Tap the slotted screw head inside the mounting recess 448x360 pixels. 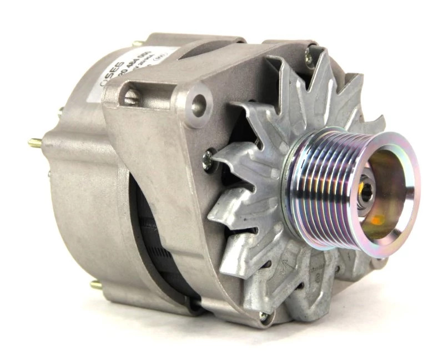(x=130, y=98)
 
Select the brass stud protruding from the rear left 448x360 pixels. (x=36, y=143)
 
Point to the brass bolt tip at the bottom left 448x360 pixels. (x=95, y=285)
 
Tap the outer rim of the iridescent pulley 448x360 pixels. (x=405, y=166)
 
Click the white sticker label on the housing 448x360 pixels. (x=139, y=67)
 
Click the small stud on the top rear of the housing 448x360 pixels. (x=137, y=43)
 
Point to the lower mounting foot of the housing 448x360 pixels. (x=233, y=311)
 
